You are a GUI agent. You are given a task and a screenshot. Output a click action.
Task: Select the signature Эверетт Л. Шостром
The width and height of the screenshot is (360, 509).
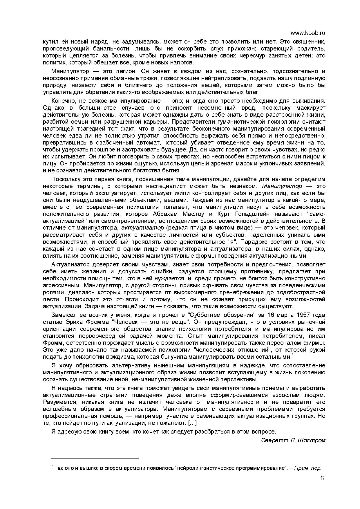pos(293,440)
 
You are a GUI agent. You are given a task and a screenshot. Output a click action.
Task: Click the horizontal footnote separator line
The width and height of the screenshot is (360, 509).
pos(95,458)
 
